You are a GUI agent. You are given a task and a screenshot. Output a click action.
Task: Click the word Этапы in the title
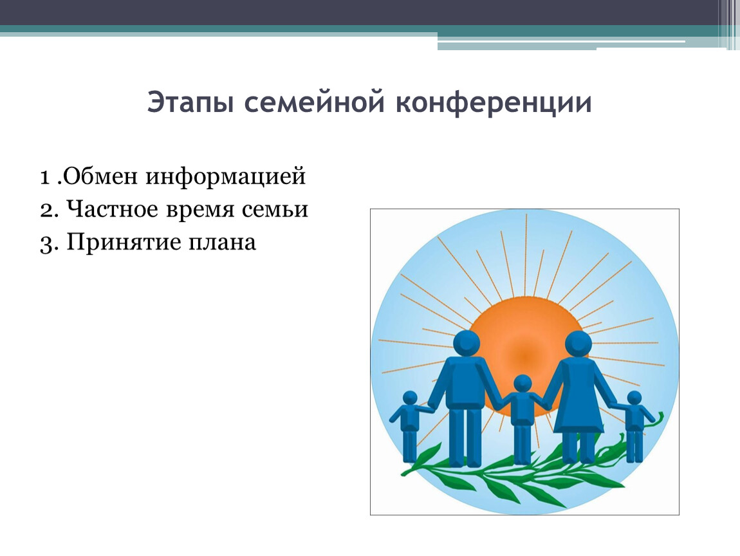190,103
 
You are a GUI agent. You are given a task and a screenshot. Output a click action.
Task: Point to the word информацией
226,176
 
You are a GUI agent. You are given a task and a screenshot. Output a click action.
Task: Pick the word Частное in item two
112,209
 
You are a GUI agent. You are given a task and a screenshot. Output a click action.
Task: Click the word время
200,210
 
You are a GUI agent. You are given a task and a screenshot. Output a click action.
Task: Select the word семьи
275,210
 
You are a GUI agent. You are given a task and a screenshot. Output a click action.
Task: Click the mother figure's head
578,344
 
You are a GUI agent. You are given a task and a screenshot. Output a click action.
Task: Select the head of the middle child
523,384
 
